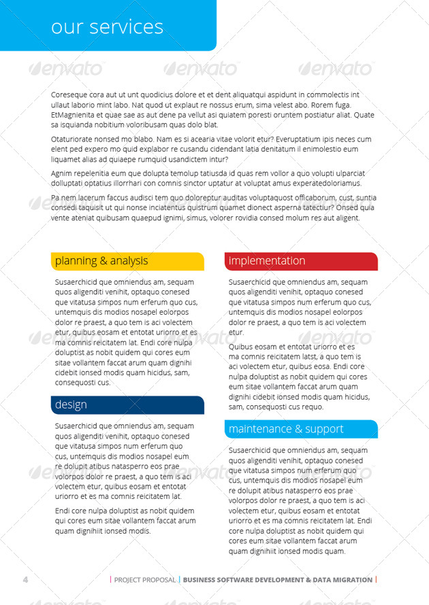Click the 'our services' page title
coord(107,27)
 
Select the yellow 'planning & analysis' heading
coord(101,261)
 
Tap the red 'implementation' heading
coord(267,261)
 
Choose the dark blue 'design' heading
coord(71,405)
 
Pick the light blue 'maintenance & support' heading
coord(285,429)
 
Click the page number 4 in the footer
coord(25,580)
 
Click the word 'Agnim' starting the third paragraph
coord(62,173)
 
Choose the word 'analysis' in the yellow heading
coord(129,261)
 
